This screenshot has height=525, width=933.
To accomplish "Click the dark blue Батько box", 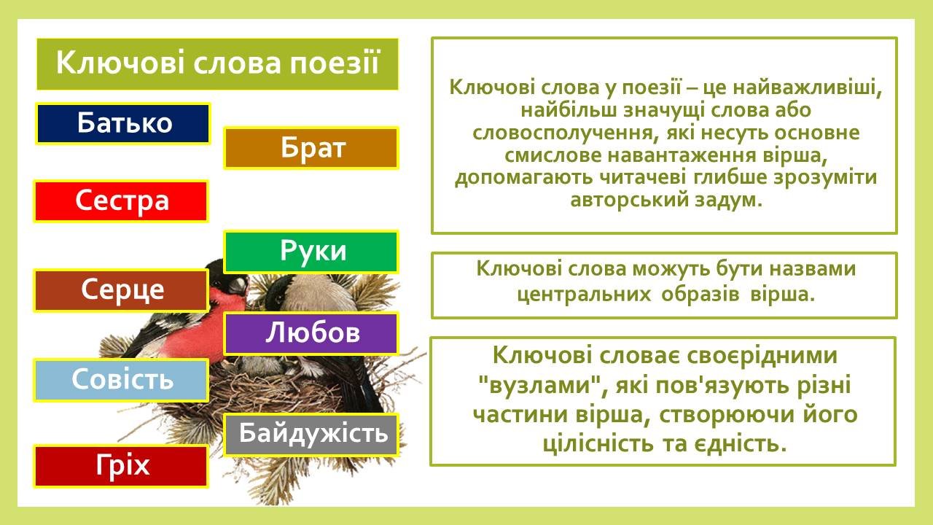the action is (x=123, y=124).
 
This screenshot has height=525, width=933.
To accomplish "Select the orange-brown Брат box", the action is (x=311, y=148).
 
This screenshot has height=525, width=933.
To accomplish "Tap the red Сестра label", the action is (x=121, y=201).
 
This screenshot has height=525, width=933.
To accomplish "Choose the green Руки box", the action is (x=311, y=252).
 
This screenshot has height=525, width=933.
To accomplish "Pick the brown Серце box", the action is (x=121, y=290).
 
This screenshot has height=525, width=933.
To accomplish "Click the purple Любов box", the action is (x=311, y=334).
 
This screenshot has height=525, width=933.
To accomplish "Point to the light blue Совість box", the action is (x=121, y=381).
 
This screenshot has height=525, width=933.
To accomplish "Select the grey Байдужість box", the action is (x=311, y=435).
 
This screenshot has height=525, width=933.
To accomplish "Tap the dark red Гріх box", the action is (x=121, y=466).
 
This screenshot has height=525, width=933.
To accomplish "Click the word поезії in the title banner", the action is (x=335, y=63).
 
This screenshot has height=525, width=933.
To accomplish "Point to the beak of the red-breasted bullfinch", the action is (x=238, y=286).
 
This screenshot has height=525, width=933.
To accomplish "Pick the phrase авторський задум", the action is (x=666, y=200).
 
